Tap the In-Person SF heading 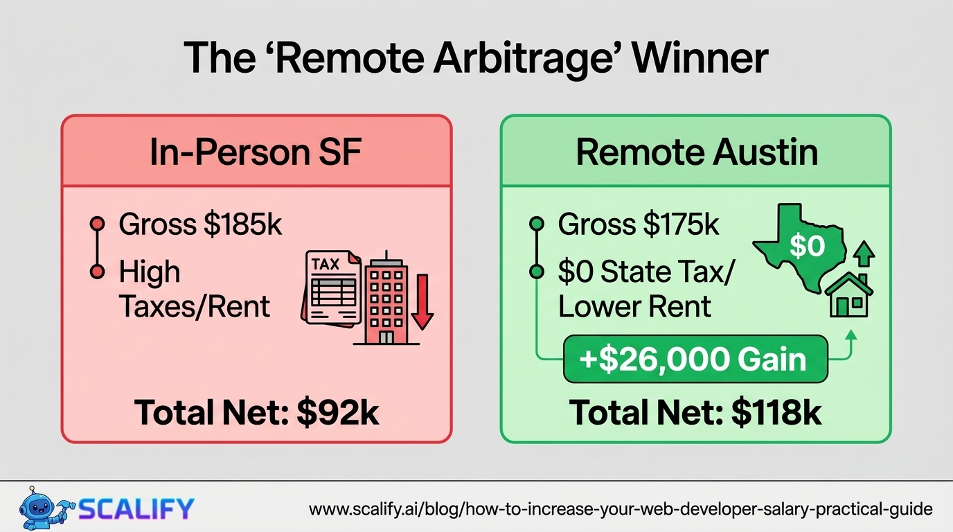click(x=256, y=152)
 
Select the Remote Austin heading click(x=697, y=152)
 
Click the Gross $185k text click(x=200, y=224)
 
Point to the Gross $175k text click(x=638, y=224)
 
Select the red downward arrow click(x=422, y=302)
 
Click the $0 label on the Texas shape click(x=807, y=246)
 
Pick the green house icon click(x=849, y=295)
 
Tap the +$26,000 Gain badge click(x=695, y=359)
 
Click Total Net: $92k click(x=256, y=412)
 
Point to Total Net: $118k click(x=695, y=412)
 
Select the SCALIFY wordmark click(x=136, y=508)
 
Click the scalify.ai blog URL click(x=621, y=509)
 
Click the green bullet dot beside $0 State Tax click(x=537, y=272)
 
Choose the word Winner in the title click(x=700, y=59)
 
